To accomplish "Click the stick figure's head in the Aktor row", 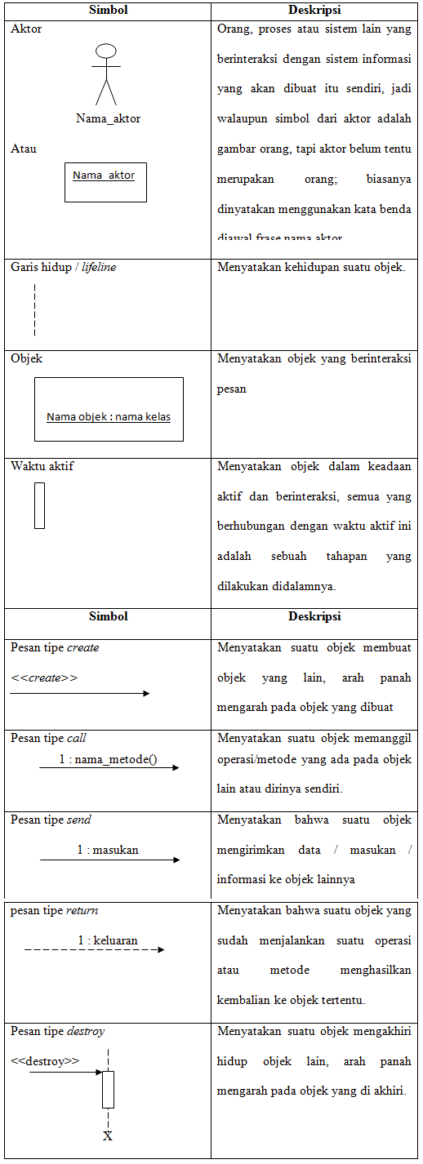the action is coord(105,51).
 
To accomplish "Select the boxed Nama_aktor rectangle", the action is coord(105,183).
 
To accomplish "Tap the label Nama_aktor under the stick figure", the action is coord(108,118).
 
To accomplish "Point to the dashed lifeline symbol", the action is coord(35,309).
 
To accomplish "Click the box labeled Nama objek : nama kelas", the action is coord(109,409).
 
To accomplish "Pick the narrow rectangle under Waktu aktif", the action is coord(39,505).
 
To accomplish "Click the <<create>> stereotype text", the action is coord(44,678).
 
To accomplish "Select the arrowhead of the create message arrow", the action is coord(146,694).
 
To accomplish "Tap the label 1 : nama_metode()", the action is coord(108,759).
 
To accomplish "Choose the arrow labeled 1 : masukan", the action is coord(109,860).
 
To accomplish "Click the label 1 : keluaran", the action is coord(108,940).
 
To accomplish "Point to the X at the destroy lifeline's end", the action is coord(108,1135).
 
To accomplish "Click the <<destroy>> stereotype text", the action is coord(45,1061).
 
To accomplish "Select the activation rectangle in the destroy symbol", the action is coord(108,1089).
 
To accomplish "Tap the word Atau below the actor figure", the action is coord(24,149).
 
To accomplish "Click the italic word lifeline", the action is coord(99,267).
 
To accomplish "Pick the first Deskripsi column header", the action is coord(314,11).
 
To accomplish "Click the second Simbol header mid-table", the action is coord(108,617).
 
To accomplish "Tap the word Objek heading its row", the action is coord(26,358).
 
